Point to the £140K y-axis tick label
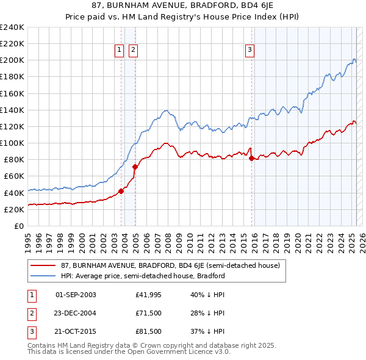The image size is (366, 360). [x=12, y=110]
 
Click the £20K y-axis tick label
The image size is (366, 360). [x=14, y=209]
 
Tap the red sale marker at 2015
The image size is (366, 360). [x=252, y=158]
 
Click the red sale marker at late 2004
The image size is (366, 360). [x=135, y=167]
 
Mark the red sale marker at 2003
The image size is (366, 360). [x=121, y=191]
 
